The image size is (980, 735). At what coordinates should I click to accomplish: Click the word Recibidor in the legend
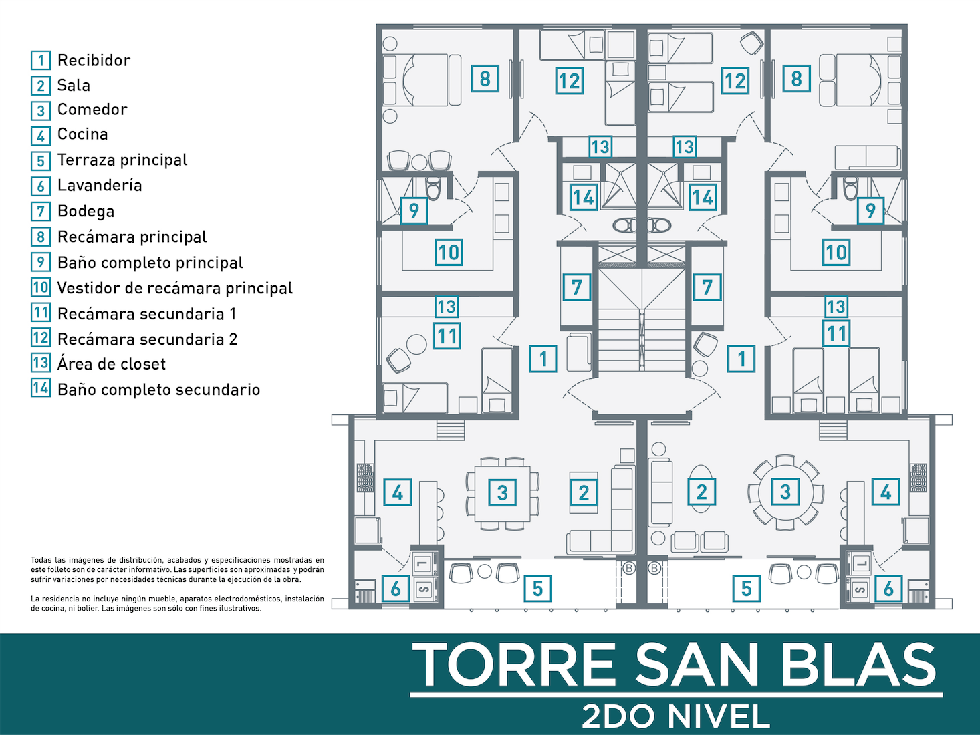pyautogui.click(x=94, y=61)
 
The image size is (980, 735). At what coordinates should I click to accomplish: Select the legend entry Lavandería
pyautogui.click(x=100, y=186)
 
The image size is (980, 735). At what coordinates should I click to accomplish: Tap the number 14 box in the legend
pyautogui.click(x=41, y=388)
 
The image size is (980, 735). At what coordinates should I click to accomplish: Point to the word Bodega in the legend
pyautogui.click(x=86, y=212)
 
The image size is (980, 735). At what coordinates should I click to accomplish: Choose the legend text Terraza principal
pyautogui.click(x=122, y=160)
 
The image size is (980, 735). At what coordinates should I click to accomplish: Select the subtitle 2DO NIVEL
pyautogui.click(x=676, y=716)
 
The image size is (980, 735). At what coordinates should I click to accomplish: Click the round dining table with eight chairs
pyautogui.click(x=785, y=492)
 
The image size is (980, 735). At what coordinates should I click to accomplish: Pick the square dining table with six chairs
pyautogui.click(x=502, y=493)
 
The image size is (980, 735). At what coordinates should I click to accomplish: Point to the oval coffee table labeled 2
pyautogui.click(x=701, y=489)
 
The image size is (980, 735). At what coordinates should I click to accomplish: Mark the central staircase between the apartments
pyautogui.click(x=642, y=319)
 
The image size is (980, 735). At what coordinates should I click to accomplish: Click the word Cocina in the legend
pyautogui.click(x=83, y=134)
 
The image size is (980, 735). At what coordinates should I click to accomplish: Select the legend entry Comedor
pyautogui.click(x=92, y=110)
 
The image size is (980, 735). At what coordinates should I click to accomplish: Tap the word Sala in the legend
pyautogui.click(x=74, y=86)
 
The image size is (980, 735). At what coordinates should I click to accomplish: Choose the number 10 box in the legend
pyautogui.click(x=41, y=287)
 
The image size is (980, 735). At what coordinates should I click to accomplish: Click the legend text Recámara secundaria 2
pyautogui.click(x=147, y=339)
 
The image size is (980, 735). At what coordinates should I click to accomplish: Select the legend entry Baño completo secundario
pyautogui.click(x=159, y=390)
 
